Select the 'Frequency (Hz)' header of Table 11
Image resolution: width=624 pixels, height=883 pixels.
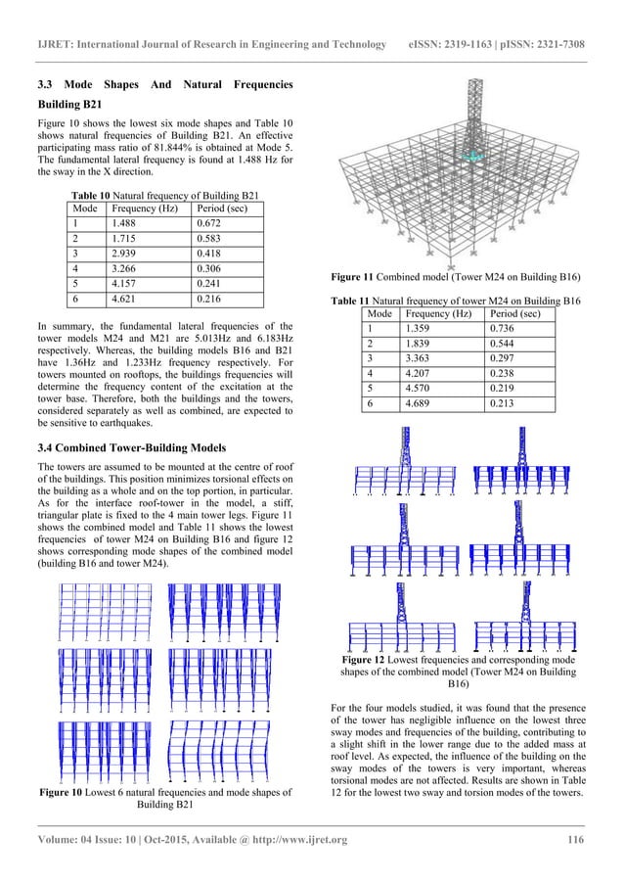click(434, 314)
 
